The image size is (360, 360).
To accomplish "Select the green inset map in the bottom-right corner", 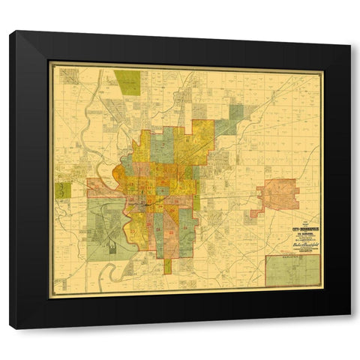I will (292, 271).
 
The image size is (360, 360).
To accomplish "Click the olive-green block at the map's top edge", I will (127, 82).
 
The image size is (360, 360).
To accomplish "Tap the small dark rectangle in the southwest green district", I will (112, 247).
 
